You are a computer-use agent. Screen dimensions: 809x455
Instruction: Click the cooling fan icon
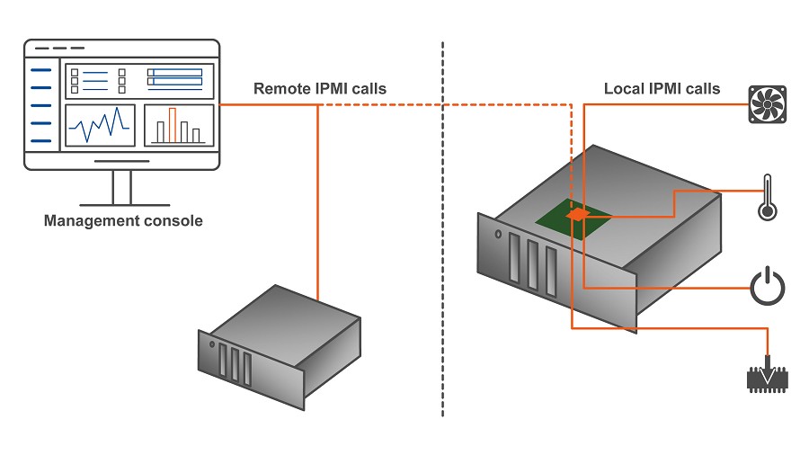(768, 104)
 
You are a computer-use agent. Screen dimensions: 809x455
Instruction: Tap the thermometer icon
(768, 198)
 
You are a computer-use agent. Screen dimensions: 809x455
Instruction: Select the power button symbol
(768, 286)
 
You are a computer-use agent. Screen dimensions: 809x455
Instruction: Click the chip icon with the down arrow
(768, 376)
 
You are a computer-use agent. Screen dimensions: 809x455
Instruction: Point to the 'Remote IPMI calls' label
(320, 89)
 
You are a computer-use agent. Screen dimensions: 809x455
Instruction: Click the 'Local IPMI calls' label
(662, 89)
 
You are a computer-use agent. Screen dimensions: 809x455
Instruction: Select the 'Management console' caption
(123, 221)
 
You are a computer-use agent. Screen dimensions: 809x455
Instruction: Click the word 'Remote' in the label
(281, 89)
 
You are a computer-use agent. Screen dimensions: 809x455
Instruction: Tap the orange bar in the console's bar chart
(173, 125)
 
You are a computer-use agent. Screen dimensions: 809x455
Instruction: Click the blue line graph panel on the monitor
(100, 125)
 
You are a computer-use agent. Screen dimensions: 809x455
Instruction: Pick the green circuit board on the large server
(573, 219)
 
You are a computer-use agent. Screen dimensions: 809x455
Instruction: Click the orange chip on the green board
(578, 214)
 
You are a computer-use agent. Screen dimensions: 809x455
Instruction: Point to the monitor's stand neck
(121, 187)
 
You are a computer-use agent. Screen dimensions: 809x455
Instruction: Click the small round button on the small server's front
(212, 344)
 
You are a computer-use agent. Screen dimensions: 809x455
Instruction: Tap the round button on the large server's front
(498, 234)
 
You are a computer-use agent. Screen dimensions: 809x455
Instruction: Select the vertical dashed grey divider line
(442, 229)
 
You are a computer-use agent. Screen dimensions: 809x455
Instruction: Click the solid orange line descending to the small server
(318, 202)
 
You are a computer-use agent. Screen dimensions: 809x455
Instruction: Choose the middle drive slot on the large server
(533, 264)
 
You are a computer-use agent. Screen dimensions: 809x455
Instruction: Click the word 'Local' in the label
(624, 89)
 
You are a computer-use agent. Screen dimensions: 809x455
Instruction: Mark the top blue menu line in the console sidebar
(40, 69)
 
